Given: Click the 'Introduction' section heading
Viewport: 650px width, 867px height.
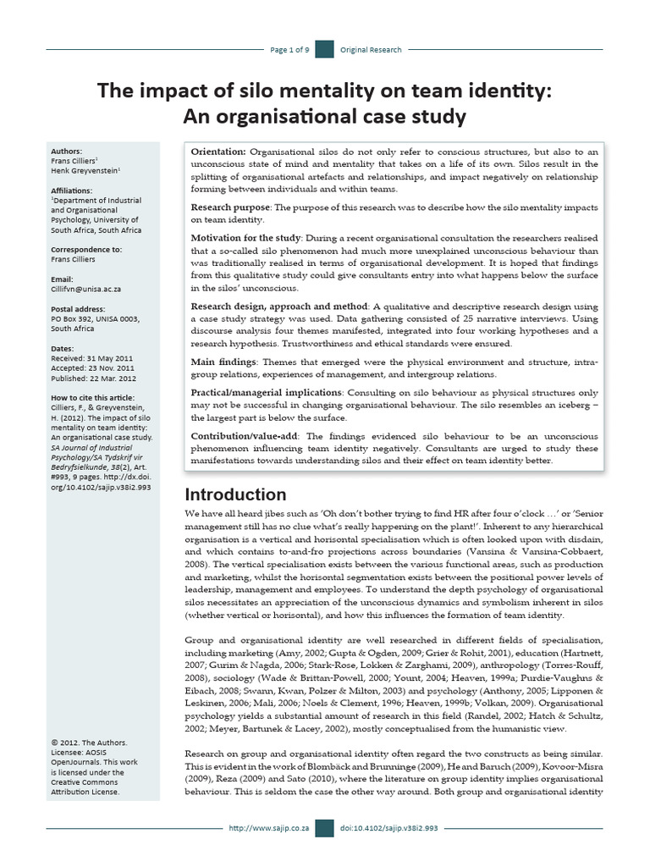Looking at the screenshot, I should pos(236,494).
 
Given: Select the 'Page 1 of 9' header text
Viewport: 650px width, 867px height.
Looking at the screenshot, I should pos(289,50).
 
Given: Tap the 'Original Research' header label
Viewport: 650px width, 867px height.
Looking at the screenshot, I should pos(371,50).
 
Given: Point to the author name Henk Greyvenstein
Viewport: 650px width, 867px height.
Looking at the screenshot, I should pos(85,170).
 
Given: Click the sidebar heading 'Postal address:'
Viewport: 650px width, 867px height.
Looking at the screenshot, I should pos(79,310).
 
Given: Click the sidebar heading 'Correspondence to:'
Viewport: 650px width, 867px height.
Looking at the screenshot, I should pos(86,250).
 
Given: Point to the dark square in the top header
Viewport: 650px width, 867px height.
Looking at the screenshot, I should pos(324,50).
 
